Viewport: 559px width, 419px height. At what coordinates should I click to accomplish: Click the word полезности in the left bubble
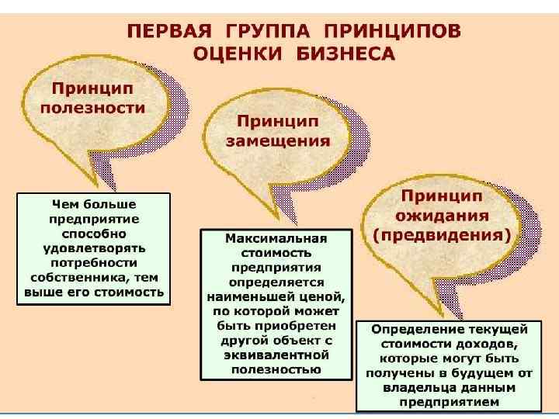[92, 108]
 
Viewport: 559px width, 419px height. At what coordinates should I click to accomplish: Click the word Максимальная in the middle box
[276, 237]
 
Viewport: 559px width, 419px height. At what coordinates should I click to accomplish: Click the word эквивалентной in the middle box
[276, 355]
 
